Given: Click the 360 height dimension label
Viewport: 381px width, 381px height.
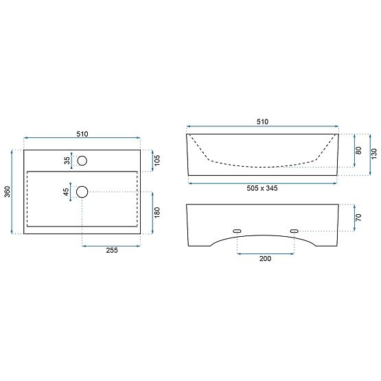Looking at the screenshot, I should click(x=7, y=192).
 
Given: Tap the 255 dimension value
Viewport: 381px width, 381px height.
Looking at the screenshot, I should click(x=113, y=251).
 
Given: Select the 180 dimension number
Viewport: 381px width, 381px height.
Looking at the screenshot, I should click(x=157, y=213).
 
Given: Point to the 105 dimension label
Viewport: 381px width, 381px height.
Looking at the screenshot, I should click(x=157, y=161).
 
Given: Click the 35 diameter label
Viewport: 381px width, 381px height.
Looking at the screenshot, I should click(x=67, y=161).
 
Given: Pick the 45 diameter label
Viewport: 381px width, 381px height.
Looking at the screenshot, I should click(x=67, y=192).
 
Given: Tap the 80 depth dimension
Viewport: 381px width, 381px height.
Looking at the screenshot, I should click(x=359, y=150).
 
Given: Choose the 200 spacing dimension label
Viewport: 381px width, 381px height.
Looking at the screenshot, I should click(x=265, y=259).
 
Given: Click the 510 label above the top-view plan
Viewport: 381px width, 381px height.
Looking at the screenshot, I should click(x=82, y=134).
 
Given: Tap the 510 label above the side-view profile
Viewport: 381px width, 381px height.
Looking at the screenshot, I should click(x=262, y=122).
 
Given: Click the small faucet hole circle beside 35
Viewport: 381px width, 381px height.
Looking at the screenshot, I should click(x=82, y=161).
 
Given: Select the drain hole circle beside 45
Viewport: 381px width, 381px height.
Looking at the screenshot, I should click(x=82, y=192).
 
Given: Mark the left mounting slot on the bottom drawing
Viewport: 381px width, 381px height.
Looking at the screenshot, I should click(x=238, y=231).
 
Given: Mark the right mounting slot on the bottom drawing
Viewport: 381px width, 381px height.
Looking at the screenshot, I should click(x=295, y=231).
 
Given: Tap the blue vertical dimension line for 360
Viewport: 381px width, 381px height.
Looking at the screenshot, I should click(x=13, y=192).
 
